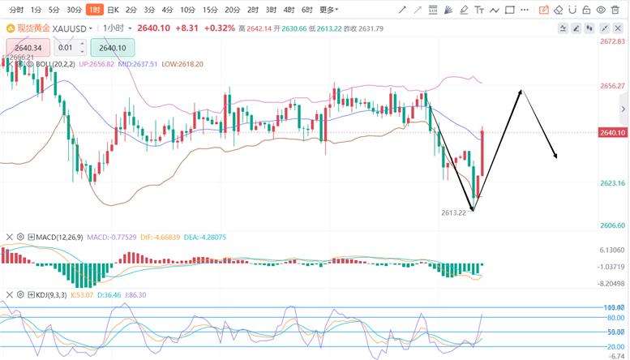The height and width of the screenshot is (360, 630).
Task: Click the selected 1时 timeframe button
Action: pyautogui.click(x=95, y=10)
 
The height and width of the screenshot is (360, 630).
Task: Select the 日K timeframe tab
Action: pyautogui.click(x=113, y=10)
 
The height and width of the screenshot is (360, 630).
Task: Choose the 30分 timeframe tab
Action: pyautogui.click(x=74, y=10)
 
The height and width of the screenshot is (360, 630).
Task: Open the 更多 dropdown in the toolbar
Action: pyautogui.click(x=328, y=10)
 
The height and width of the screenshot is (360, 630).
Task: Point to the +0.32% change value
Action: pyautogui.click(x=220, y=28)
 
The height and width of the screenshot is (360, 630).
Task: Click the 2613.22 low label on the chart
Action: pyautogui.click(x=454, y=212)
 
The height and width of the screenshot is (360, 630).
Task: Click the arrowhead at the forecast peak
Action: pyautogui.click(x=521, y=91)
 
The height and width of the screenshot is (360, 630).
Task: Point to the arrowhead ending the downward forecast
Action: pyautogui.click(x=555, y=156)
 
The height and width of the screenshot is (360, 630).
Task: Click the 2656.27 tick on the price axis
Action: pyautogui.click(x=612, y=86)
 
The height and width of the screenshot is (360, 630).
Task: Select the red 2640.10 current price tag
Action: pyautogui.click(x=612, y=132)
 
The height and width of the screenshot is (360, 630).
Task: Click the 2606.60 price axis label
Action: pyautogui.click(x=612, y=225)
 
